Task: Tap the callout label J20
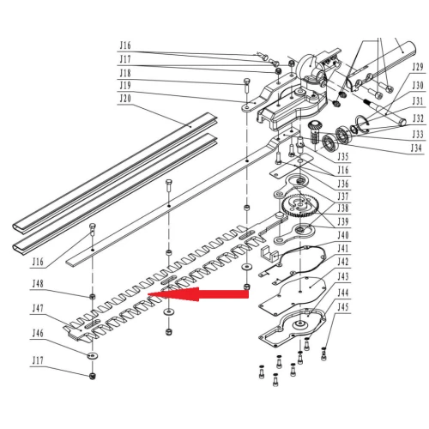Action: click(125, 99)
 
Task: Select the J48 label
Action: click(38, 283)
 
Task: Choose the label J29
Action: click(417, 66)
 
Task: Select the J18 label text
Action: click(125, 73)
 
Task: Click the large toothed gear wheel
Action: click(298, 206)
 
